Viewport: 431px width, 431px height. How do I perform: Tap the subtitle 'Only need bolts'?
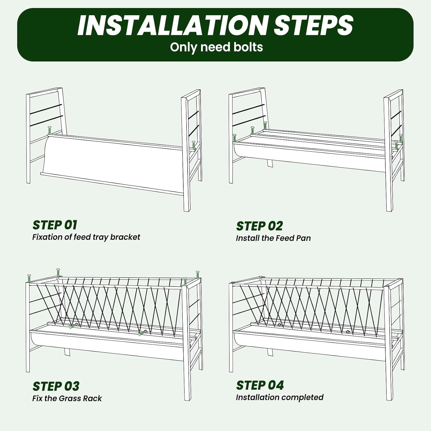coord(216,47)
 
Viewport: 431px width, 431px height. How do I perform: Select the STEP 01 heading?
coord(55,225)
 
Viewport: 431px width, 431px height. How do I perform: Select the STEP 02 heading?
coord(259,226)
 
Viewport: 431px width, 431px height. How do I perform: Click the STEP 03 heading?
coord(56,386)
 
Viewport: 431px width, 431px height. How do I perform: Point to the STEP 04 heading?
coord(260,385)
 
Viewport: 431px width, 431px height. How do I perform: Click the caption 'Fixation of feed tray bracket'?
coord(86,237)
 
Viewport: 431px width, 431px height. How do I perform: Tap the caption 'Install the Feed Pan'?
coord(273,238)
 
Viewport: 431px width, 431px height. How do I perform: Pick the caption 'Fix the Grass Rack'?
coord(67,399)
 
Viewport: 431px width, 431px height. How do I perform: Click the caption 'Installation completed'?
coord(279,397)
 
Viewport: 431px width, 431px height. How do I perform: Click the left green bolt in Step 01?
coord(49,130)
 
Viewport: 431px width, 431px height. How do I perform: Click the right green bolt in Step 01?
coord(193,145)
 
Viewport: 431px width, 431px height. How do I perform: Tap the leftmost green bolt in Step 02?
coord(234,138)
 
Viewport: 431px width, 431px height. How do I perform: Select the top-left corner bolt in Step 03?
coord(29,278)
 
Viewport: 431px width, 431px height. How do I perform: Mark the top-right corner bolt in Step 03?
coord(197,274)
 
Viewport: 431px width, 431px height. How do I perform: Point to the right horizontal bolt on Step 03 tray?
coord(143,333)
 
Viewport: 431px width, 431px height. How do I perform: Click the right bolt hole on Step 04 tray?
coord(348,332)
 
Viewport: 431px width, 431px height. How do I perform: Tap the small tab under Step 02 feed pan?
coord(270,163)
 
